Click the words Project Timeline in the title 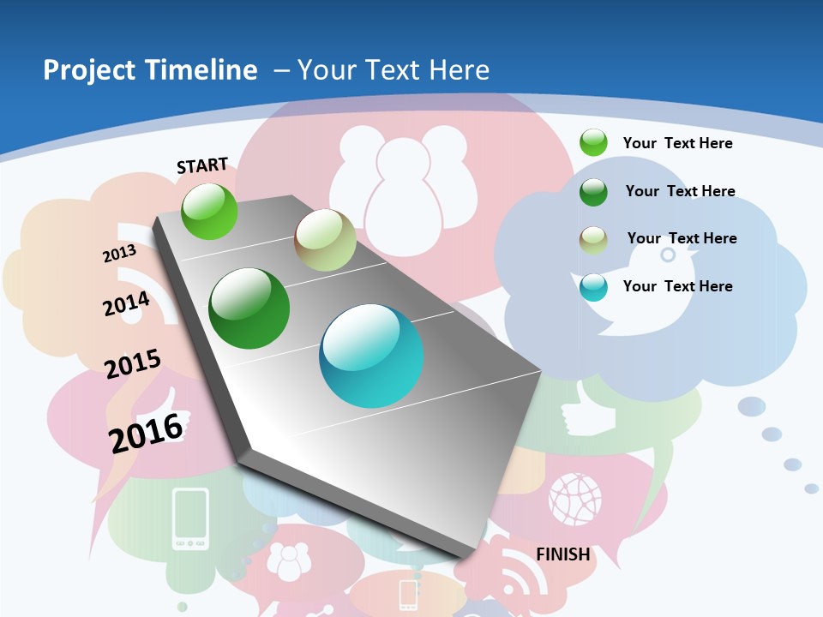click(x=150, y=70)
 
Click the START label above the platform click(x=202, y=165)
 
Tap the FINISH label click(x=562, y=554)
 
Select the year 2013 click(x=119, y=254)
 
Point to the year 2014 click(x=126, y=304)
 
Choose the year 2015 click(x=133, y=364)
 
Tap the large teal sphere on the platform click(x=371, y=356)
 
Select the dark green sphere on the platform click(x=249, y=308)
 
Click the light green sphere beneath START click(x=209, y=211)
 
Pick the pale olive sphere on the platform click(x=325, y=240)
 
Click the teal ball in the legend click(x=593, y=287)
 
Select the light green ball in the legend click(x=593, y=142)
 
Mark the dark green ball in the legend click(x=593, y=192)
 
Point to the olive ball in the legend click(x=593, y=240)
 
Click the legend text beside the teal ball click(x=677, y=286)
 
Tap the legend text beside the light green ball click(x=677, y=143)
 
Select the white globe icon click(x=575, y=498)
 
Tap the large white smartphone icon click(x=190, y=518)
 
